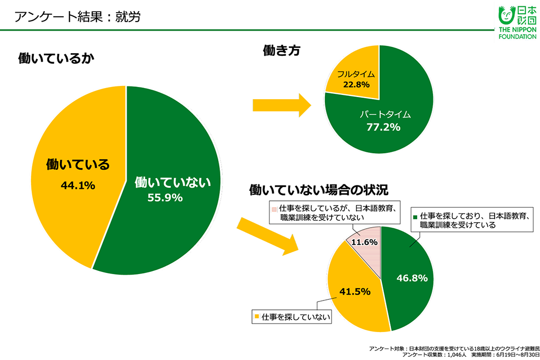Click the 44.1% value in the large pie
coord(78,185)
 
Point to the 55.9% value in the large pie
coord(165,198)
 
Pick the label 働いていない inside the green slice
coord(172,182)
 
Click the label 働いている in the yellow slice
coord(78,164)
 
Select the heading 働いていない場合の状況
coord(322,189)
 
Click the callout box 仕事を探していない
coord(292,317)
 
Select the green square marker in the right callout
coord(416,216)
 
